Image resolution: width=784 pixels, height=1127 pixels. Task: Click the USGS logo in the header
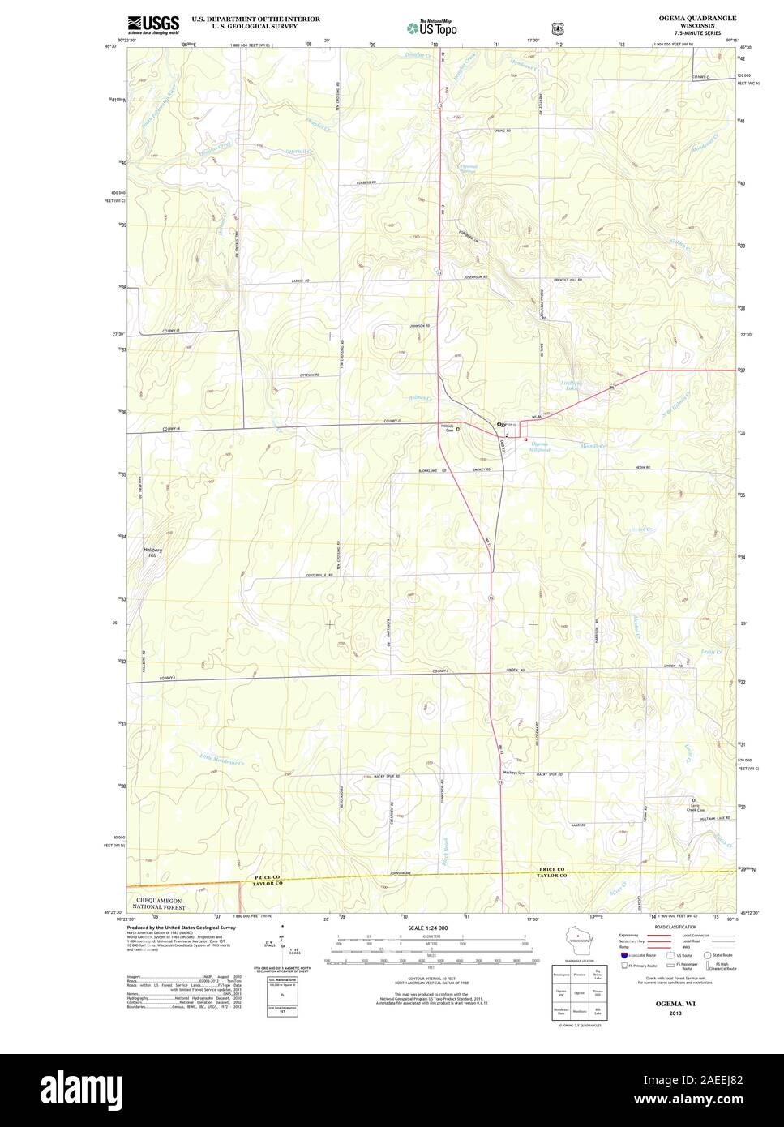(153, 24)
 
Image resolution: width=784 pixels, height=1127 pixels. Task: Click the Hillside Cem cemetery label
(448, 429)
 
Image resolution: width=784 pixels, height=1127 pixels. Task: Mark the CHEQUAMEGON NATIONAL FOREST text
(167, 904)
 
